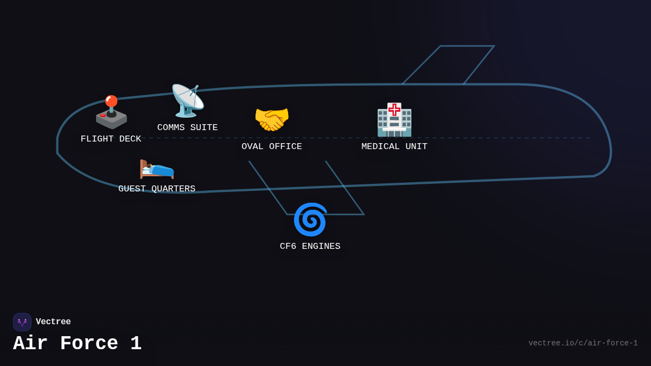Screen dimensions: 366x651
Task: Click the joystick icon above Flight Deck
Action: (111, 113)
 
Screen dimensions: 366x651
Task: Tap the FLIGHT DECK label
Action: (111, 139)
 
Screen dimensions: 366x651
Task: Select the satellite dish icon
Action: (187, 101)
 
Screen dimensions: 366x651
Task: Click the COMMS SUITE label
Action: (187, 128)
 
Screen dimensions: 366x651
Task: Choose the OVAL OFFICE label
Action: (272, 147)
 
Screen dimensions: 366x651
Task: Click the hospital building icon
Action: (394, 120)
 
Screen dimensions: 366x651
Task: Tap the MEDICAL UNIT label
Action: (394, 147)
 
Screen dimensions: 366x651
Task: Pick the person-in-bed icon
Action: (157, 168)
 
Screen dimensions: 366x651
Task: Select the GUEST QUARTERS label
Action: (157, 189)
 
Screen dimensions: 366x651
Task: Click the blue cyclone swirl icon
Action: (310, 220)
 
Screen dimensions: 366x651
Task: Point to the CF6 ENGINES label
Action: (310, 247)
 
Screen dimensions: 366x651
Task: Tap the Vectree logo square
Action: (22, 322)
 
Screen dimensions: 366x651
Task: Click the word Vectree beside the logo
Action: (53, 322)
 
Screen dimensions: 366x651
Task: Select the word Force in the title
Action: (89, 344)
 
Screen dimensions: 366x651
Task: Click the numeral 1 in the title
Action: (136, 344)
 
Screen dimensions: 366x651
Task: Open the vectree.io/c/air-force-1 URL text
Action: (583, 343)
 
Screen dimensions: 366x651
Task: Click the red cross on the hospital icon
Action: (394, 110)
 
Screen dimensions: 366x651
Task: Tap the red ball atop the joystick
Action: (111, 101)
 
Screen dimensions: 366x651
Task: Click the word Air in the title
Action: (30, 344)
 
